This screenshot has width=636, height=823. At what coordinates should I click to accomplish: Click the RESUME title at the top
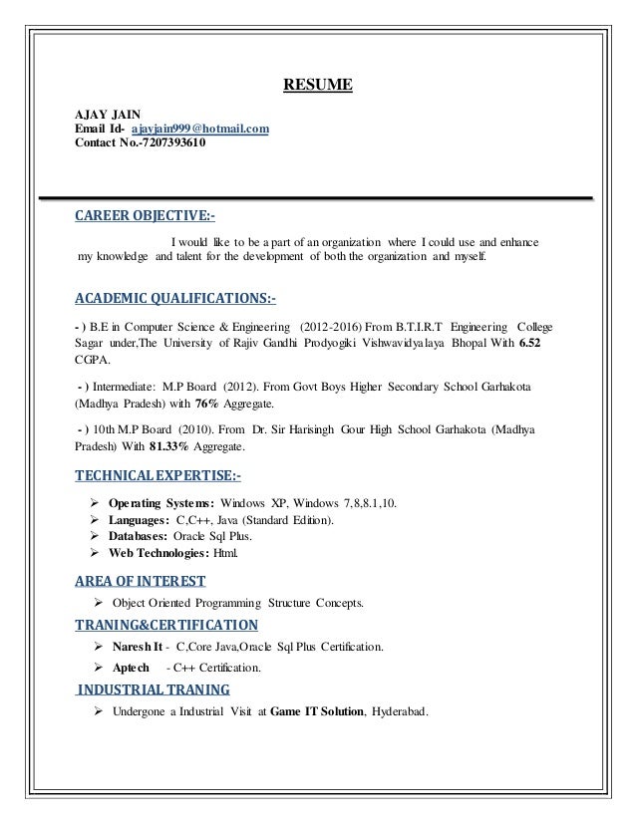(317, 86)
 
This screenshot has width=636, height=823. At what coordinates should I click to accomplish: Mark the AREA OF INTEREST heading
(141, 581)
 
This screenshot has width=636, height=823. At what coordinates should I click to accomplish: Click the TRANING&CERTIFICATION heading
(166, 626)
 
